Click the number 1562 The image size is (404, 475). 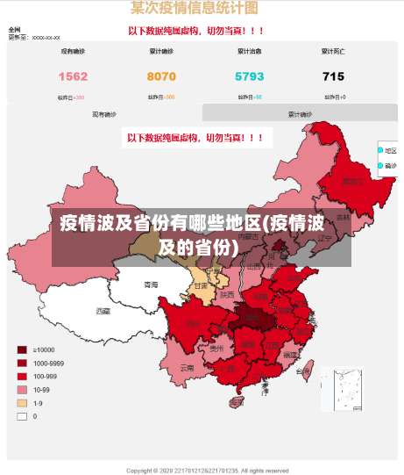coord(73,76)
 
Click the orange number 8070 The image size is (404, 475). coord(161,76)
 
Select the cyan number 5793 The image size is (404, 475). coord(249,76)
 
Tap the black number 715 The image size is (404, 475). coord(333,76)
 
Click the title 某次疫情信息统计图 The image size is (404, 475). coord(194,8)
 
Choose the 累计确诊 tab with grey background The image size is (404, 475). coord(300,114)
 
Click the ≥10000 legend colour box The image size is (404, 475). coord(22,349)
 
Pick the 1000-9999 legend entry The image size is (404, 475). coord(22,363)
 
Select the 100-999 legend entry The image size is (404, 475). coord(22,376)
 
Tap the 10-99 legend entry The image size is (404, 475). coord(22,389)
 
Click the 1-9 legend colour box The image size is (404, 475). coord(22,403)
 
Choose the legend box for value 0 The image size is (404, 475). coord(22,416)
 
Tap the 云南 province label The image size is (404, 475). coord(187,369)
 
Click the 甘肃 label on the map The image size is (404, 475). coord(201,286)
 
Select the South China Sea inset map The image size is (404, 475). coord(341,389)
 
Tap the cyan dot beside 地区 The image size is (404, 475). coord(380,151)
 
